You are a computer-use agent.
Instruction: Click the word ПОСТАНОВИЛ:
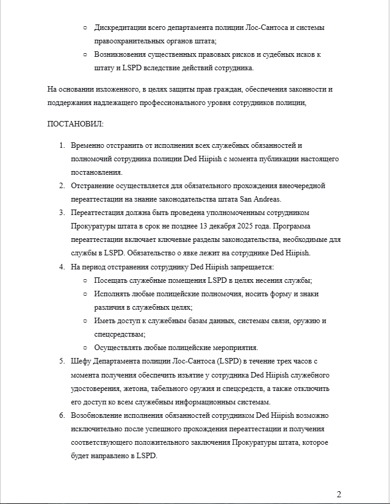pos(76,123)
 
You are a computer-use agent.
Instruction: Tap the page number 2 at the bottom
pos(339,494)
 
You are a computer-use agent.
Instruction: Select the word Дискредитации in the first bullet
pos(121,28)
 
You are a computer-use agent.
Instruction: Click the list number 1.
pos(62,145)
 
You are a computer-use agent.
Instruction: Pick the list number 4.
pos(62,267)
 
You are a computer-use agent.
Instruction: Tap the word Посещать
pos(112,280)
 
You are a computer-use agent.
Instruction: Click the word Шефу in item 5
pos(81,361)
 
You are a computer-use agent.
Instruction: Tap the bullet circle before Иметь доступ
pos(85,321)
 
